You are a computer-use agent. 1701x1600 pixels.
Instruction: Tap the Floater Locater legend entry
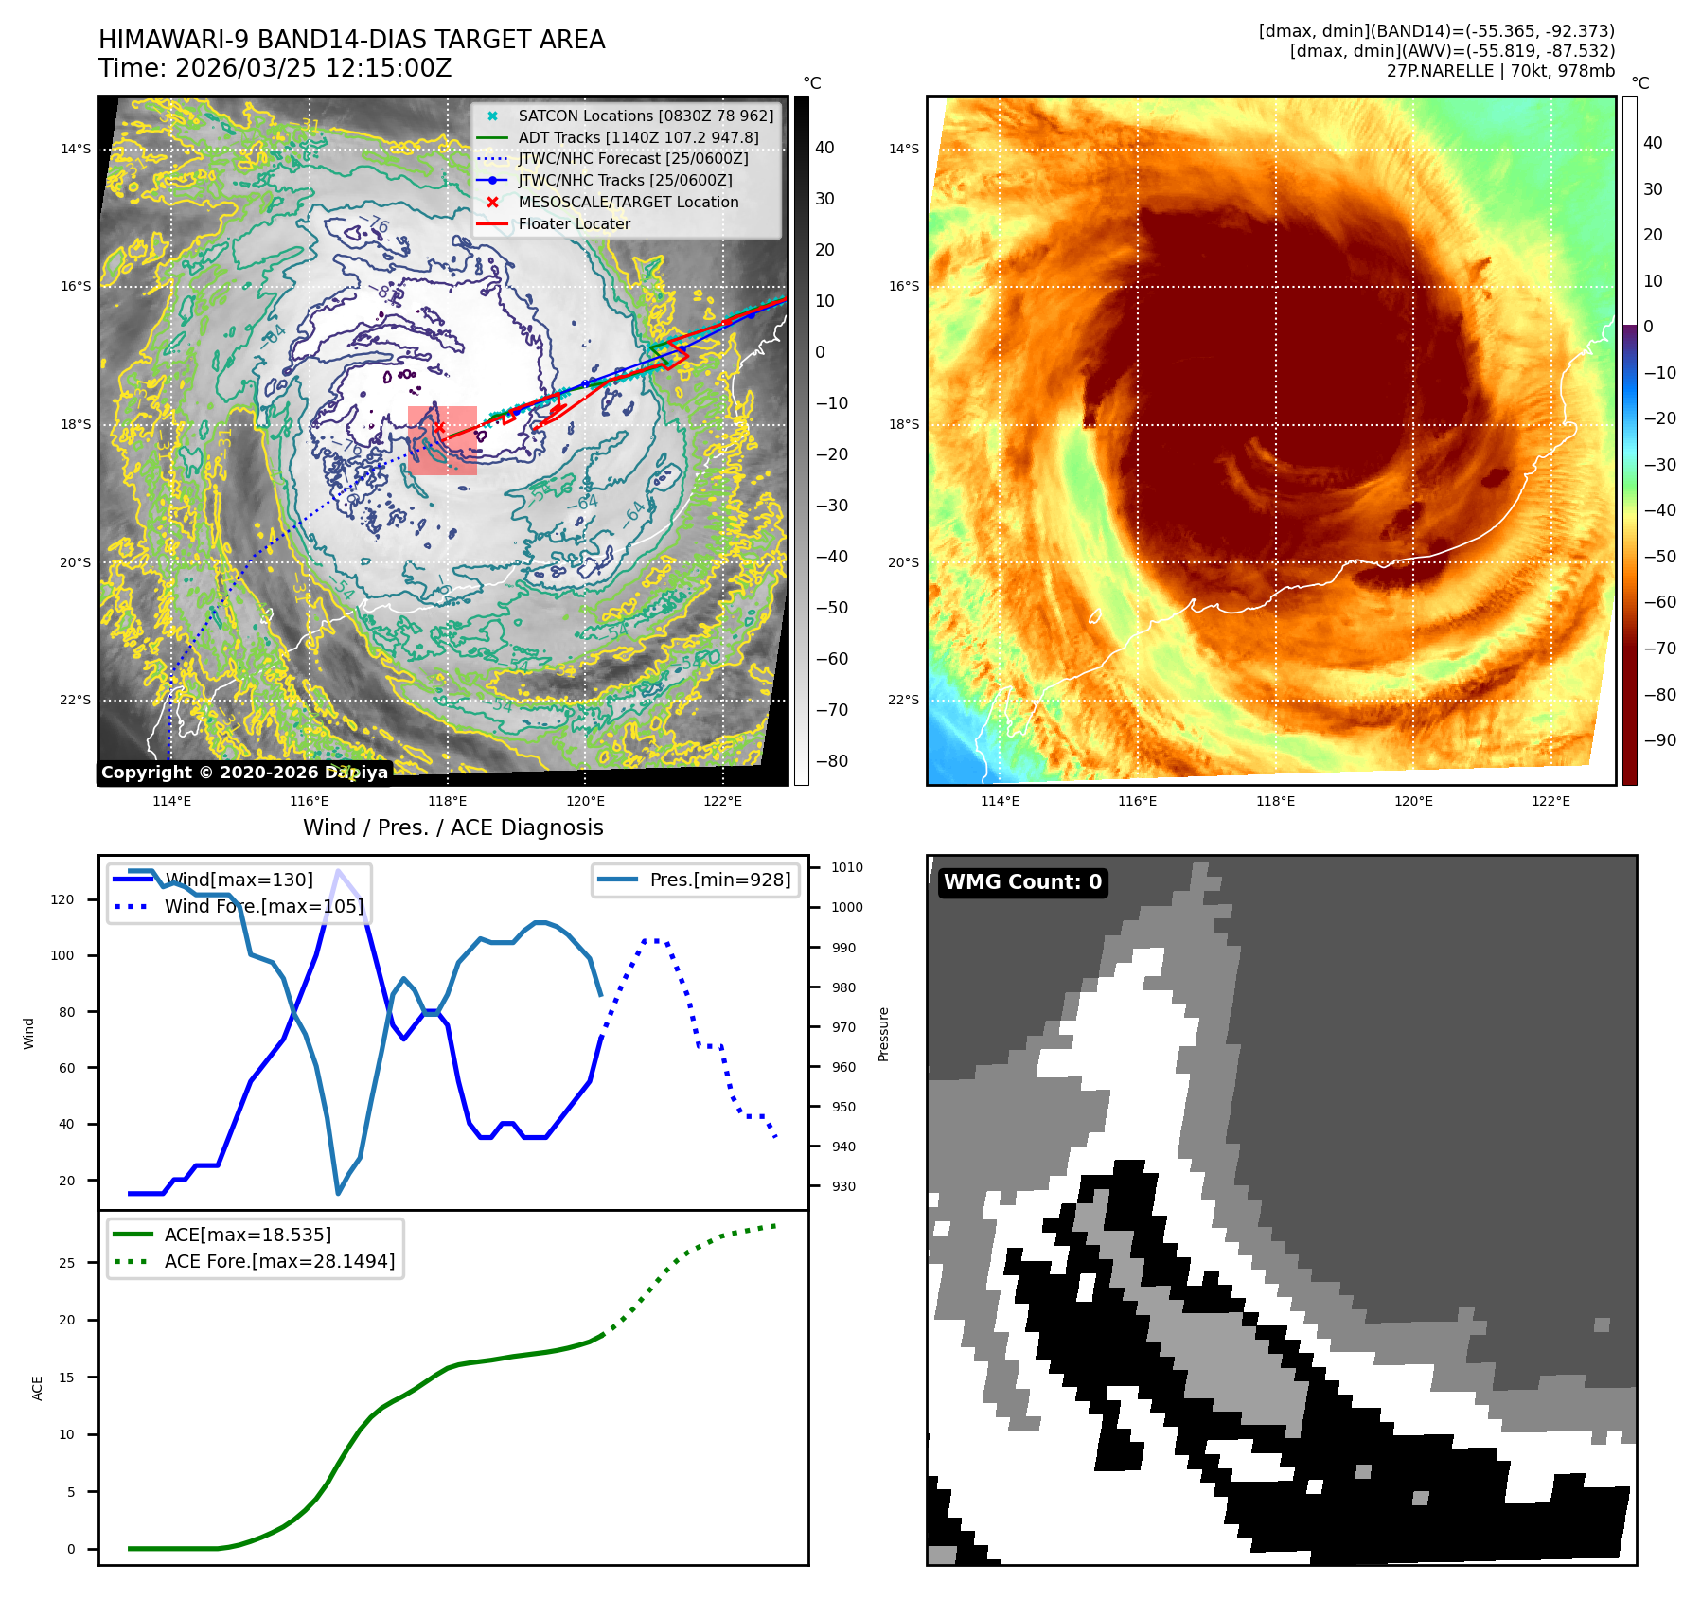[574, 223]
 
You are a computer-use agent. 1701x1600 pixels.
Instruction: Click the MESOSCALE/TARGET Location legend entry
[628, 202]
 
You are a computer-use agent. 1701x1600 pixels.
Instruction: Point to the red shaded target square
[442, 440]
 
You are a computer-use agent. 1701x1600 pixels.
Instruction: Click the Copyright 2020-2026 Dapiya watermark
[244, 773]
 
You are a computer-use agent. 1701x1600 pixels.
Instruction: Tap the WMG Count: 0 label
[1022, 882]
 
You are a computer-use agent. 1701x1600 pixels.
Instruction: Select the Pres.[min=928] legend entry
[719, 880]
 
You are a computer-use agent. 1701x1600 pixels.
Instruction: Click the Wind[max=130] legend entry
[239, 880]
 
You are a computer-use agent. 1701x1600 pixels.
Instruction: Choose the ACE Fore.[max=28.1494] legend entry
[279, 1261]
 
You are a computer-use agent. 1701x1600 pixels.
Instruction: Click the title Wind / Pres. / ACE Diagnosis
[452, 827]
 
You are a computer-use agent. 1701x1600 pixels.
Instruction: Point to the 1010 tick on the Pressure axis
[846, 867]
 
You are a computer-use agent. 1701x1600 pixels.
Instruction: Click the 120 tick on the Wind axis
[62, 899]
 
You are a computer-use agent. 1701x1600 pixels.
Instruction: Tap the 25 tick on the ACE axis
[66, 1263]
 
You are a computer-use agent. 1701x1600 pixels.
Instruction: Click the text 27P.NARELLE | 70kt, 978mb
[1500, 71]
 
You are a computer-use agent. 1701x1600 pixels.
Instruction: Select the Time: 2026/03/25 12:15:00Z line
[275, 68]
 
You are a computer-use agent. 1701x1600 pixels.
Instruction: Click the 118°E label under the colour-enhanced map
[1275, 801]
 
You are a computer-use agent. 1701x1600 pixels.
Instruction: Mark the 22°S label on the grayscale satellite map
[76, 700]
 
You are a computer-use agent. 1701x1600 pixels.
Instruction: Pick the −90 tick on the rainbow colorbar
[1659, 740]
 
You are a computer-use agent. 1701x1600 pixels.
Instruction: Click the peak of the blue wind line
[338, 870]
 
